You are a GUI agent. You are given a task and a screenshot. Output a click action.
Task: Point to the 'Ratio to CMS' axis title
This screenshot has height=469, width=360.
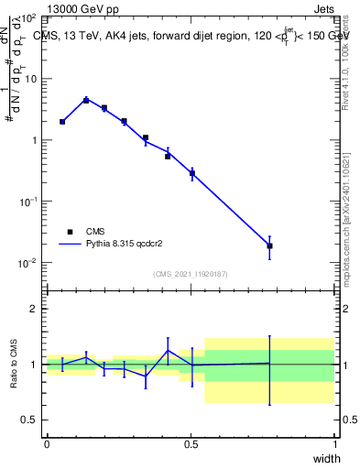click(15, 364)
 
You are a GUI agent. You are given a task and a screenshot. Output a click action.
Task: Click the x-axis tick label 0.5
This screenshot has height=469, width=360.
click(191, 444)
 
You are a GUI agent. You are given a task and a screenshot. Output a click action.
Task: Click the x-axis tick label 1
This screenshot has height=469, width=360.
click(335, 444)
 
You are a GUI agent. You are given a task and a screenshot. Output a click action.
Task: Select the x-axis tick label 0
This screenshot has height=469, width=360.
click(47, 444)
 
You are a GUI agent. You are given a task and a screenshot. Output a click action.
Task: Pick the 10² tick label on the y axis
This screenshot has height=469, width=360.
click(27, 17)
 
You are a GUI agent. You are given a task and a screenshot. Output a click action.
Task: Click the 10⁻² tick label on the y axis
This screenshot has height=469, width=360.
click(27, 263)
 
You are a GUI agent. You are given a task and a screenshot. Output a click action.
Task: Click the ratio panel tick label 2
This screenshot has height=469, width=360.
click(35, 309)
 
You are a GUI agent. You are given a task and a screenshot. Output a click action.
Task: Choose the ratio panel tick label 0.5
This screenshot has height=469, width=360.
click(30, 420)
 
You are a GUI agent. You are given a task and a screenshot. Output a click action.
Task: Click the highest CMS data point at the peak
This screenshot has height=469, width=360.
click(86, 100)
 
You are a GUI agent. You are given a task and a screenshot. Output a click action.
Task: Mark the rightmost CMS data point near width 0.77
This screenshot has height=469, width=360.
click(269, 245)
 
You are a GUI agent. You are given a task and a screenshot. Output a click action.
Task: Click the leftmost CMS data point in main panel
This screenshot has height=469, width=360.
click(62, 121)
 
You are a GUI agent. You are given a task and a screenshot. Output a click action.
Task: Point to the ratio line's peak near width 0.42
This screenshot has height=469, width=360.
click(168, 350)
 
